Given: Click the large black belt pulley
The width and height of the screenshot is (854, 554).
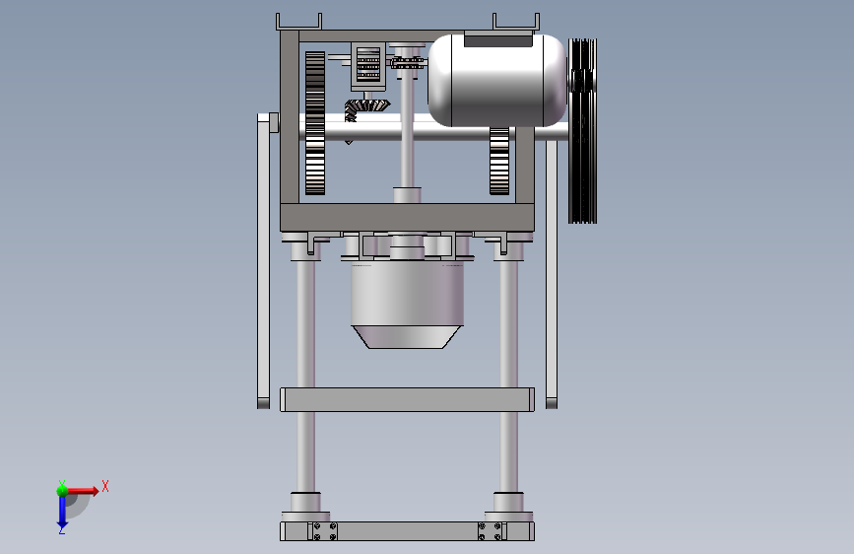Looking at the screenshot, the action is [x=582, y=131].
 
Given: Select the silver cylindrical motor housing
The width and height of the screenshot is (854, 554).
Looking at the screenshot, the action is [x=497, y=81].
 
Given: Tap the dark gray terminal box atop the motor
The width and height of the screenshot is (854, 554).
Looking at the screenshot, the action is [x=498, y=38].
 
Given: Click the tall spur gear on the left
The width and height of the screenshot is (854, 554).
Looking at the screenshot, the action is [x=315, y=123].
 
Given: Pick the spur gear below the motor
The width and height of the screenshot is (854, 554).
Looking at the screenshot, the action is [x=498, y=161].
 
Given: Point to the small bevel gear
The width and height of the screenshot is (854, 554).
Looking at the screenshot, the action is [x=367, y=108].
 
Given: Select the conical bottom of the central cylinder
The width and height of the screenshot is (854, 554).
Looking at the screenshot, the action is [x=407, y=337].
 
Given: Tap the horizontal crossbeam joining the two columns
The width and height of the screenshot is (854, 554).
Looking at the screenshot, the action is [x=407, y=399].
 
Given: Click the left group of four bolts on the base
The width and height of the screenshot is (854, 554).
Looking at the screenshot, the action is [x=325, y=531].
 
